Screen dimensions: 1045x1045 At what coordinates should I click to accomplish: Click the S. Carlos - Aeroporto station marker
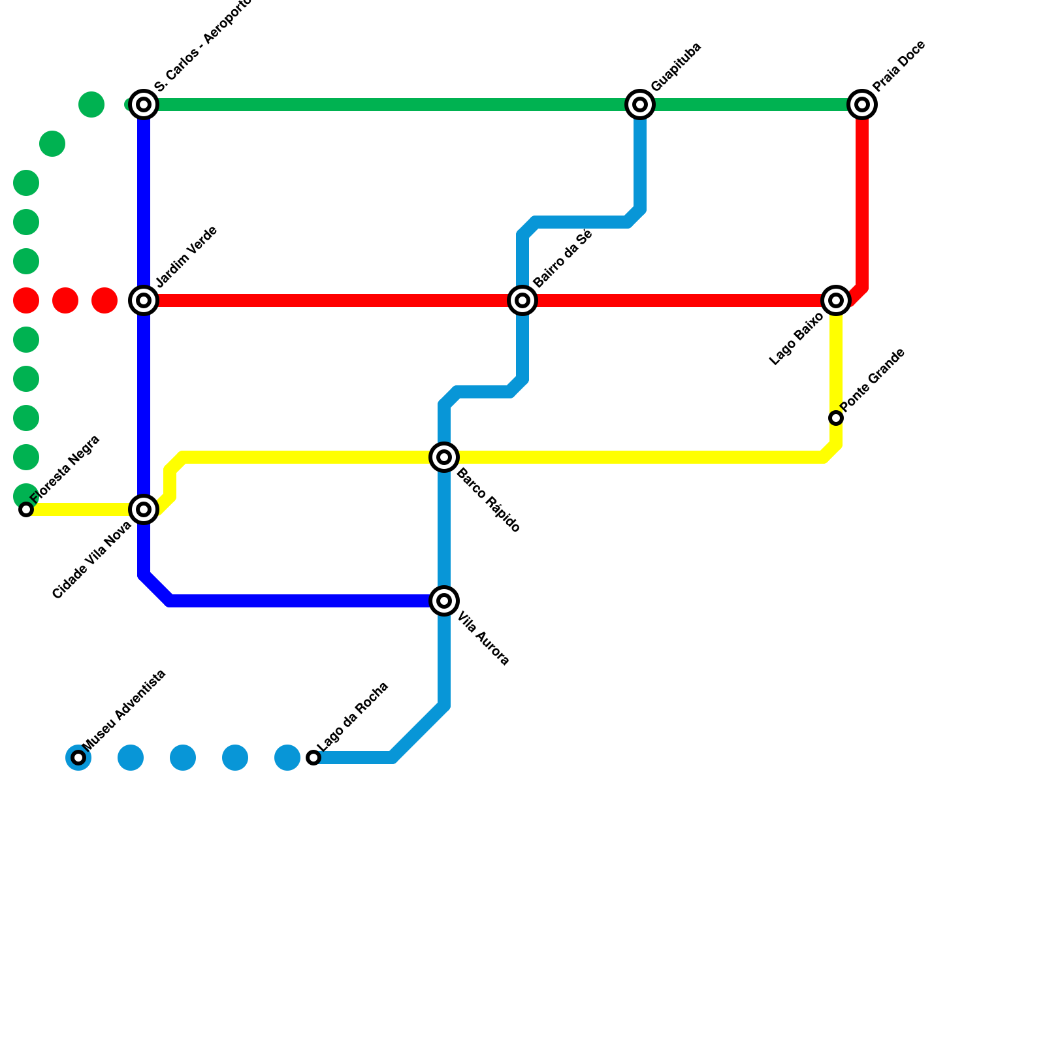click(x=144, y=104)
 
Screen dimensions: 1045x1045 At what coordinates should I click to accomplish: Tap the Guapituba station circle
click(x=640, y=104)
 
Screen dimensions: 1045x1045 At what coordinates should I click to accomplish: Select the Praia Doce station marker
click(x=862, y=104)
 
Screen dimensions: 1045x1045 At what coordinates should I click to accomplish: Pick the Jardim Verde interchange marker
click(x=144, y=300)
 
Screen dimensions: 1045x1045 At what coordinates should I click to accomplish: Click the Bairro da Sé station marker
click(x=522, y=300)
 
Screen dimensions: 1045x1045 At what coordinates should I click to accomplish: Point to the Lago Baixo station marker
click(x=836, y=300)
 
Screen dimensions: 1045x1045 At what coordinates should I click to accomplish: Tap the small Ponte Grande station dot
click(x=836, y=418)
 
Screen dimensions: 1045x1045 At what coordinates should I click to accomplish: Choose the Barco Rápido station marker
click(x=444, y=457)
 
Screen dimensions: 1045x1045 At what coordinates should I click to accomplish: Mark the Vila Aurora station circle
click(x=444, y=601)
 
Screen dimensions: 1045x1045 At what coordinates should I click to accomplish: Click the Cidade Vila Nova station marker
click(x=144, y=509)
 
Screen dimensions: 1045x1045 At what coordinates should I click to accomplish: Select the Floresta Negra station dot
click(x=26, y=509)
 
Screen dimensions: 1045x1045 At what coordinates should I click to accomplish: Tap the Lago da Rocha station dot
click(x=313, y=758)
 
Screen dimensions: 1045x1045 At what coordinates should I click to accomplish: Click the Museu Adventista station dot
click(x=78, y=758)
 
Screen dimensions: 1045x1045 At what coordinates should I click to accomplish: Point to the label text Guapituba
click(x=676, y=67)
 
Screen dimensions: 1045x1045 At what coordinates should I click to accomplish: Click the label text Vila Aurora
click(x=483, y=638)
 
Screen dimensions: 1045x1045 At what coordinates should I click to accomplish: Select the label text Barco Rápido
click(x=488, y=500)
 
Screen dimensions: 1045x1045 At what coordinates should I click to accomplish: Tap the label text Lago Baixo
click(x=797, y=339)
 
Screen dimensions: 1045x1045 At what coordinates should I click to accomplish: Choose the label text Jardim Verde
click(x=187, y=257)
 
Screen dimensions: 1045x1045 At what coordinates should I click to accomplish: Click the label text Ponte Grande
click(x=873, y=380)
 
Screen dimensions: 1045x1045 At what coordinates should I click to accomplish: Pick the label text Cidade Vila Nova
click(x=92, y=560)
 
